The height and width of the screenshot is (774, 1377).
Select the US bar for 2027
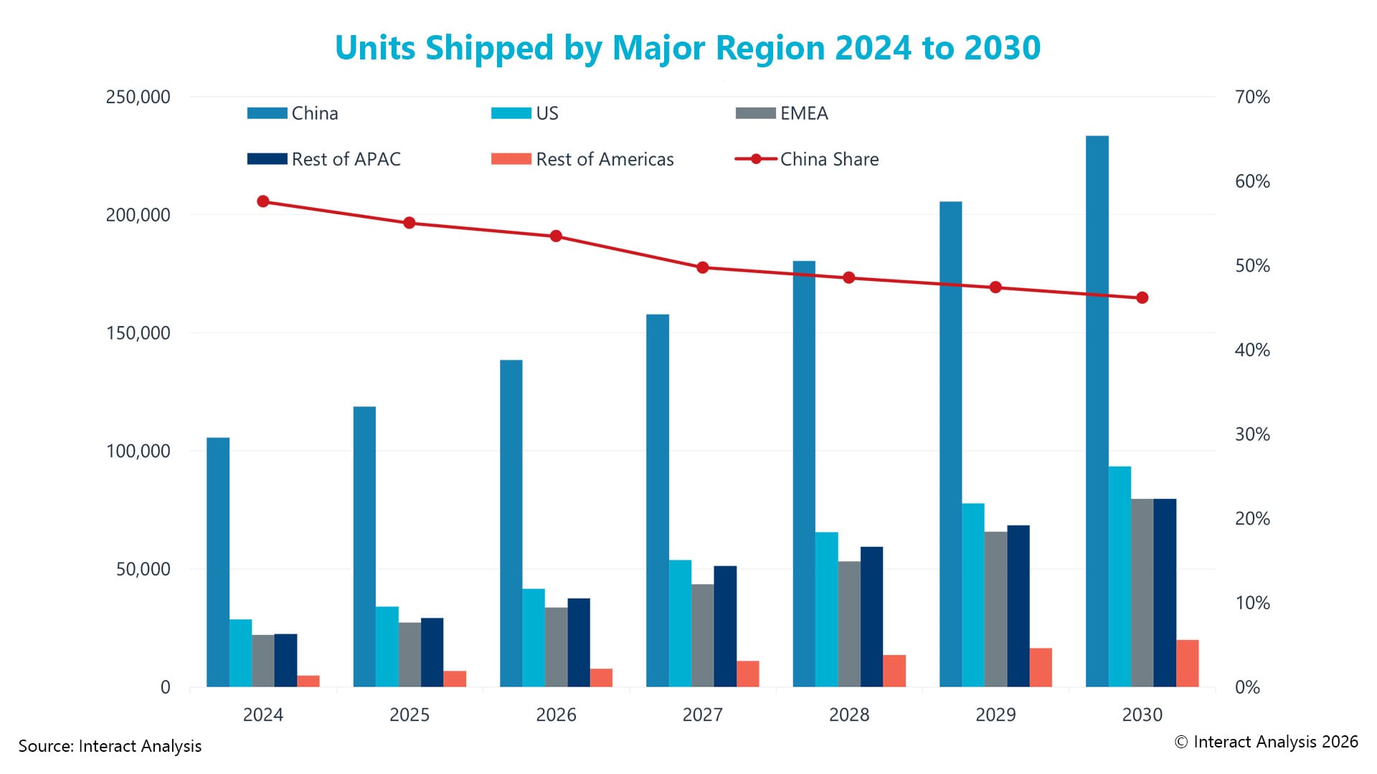[680, 623]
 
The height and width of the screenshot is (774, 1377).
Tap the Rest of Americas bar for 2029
[1041, 668]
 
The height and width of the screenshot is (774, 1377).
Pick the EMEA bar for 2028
[849, 624]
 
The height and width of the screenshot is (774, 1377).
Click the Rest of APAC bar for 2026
[579, 643]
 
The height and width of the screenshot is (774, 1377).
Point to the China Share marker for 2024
[263, 201]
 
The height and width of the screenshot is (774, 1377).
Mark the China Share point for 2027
[703, 267]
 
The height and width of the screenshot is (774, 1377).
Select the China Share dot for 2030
[1142, 297]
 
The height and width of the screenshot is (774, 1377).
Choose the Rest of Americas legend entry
[582, 159]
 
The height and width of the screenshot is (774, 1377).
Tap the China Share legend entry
[807, 159]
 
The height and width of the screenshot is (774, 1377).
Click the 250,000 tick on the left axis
[138, 97]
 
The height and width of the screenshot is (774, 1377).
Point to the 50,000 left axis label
[143, 569]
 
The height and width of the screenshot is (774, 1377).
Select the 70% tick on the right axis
[1252, 97]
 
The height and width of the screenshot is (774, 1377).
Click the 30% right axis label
[1252, 434]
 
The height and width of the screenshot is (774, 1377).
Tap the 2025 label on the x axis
[410, 715]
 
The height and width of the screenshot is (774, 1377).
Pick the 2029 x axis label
[995, 715]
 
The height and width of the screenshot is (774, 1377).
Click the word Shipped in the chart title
[489, 48]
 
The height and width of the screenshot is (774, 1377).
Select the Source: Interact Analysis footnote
[110, 746]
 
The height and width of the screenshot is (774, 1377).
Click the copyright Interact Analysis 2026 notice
[1266, 742]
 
